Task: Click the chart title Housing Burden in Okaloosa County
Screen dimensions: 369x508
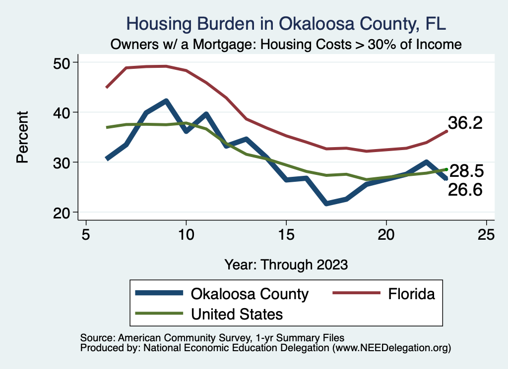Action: tap(286, 23)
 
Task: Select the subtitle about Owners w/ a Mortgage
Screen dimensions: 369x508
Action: tap(286, 45)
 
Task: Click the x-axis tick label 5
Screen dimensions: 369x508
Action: tap(86, 234)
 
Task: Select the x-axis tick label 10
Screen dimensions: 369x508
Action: tap(186, 234)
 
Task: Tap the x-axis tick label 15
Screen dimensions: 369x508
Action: tap(286, 234)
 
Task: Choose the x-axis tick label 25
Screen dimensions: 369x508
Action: tap(486, 234)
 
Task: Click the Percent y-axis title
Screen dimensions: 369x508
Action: tap(22, 137)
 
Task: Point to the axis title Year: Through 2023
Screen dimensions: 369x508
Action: tap(286, 264)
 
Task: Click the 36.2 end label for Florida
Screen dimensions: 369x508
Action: tap(465, 123)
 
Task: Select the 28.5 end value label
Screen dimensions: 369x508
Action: tap(466, 171)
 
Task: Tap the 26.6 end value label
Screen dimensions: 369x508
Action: tap(465, 189)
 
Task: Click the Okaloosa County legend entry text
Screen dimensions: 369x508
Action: tap(250, 294)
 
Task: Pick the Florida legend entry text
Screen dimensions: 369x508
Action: tap(411, 294)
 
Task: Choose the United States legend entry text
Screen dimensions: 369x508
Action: tap(237, 314)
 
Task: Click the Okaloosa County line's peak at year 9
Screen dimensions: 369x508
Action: tap(166, 102)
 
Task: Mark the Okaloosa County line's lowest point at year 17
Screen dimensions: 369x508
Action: tap(326, 204)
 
